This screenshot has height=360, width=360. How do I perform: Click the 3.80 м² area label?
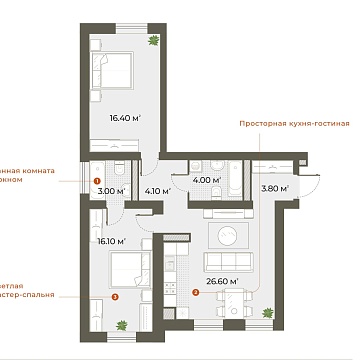(275, 187)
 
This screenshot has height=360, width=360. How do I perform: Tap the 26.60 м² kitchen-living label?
(225, 282)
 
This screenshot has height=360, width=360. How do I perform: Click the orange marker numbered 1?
(97, 181)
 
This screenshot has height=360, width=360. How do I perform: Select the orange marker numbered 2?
(195, 293)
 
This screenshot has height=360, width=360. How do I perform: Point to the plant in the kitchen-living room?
(268, 315)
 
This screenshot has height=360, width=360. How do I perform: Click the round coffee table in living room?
(228, 236)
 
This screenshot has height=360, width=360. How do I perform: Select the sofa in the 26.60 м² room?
(227, 263)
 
